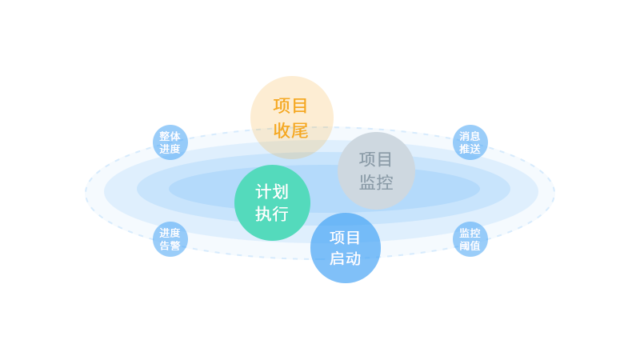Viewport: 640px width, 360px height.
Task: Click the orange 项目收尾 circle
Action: coord(292,118)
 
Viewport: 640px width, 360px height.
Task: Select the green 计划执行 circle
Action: coord(272,203)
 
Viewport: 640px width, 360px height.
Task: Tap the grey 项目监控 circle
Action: coord(376,170)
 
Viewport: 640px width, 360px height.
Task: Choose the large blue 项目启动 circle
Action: coord(346,248)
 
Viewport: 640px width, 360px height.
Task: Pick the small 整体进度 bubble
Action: coord(170,142)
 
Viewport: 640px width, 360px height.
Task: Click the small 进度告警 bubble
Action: coord(170,239)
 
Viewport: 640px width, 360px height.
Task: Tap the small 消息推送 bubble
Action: coord(470,142)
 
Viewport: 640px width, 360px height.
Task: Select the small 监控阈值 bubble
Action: coord(470,239)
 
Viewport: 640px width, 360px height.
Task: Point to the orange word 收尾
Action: coord(290,130)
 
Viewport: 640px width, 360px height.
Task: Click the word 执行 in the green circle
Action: coord(272,214)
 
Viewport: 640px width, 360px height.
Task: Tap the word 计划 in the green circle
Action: coord(272,192)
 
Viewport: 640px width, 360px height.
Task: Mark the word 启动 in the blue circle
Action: coord(346,258)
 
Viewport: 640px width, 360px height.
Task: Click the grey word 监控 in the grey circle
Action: coord(376,182)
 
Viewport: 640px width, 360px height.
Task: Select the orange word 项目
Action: coord(290,106)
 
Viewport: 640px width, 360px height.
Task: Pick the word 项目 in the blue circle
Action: coord(346,238)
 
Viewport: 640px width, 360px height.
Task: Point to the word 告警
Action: coord(170,246)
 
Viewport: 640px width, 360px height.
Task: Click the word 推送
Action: coord(470,149)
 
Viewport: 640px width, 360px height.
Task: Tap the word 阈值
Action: coord(470,246)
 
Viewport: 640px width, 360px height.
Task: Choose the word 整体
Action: coord(170,136)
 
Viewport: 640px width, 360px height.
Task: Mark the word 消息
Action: coord(470,136)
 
